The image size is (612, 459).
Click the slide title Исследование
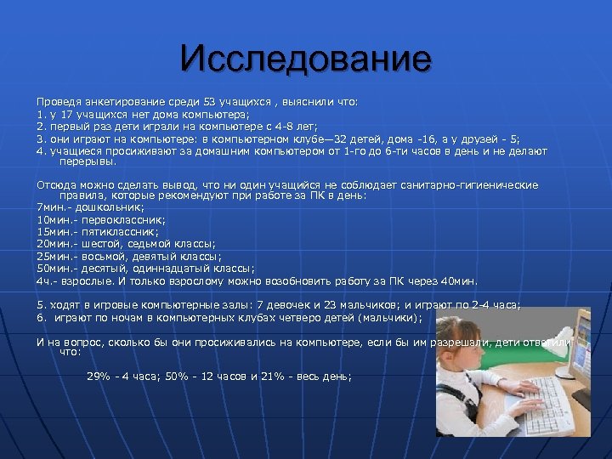click(x=305, y=59)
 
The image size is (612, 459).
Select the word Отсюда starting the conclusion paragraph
click(x=54, y=184)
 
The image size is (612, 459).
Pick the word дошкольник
click(x=109, y=207)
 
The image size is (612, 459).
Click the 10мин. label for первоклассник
click(x=54, y=219)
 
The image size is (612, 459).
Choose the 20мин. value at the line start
click(x=54, y=243)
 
